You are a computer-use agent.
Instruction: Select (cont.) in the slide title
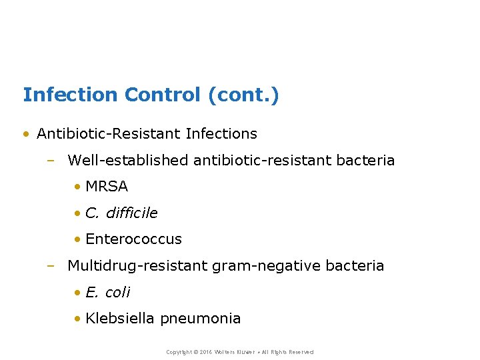tap(244, 95)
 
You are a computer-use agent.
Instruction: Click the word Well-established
tap(128, 161)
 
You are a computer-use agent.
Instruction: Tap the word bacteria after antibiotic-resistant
tap(367, 161)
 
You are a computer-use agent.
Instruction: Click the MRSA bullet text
tap(107, 187)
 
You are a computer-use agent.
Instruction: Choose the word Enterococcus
tap(133, 239)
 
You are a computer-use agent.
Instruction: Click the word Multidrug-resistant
tap(137, 266)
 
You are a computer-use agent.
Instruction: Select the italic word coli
tap(118, 293)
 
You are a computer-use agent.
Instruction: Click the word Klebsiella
tap(120, 319)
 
